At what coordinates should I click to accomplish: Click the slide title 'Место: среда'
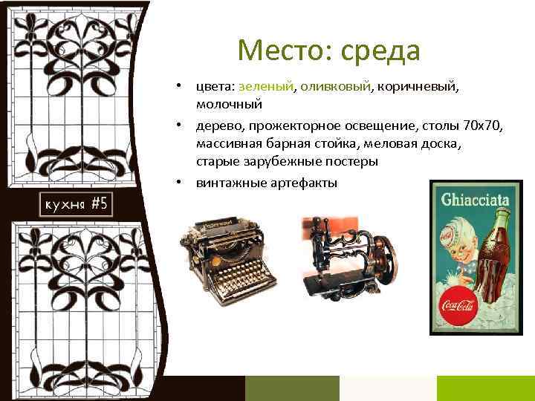point(328,50)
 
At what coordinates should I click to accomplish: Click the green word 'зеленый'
point(266,87)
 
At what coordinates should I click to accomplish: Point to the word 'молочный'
point(230,102)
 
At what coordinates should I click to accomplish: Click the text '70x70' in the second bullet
point(484,127)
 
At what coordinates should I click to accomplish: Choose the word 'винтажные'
point(229,182)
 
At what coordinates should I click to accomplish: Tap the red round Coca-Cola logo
point(458,305)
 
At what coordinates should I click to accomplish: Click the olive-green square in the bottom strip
point(291,388)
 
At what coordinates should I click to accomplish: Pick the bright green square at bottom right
point(485,388)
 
